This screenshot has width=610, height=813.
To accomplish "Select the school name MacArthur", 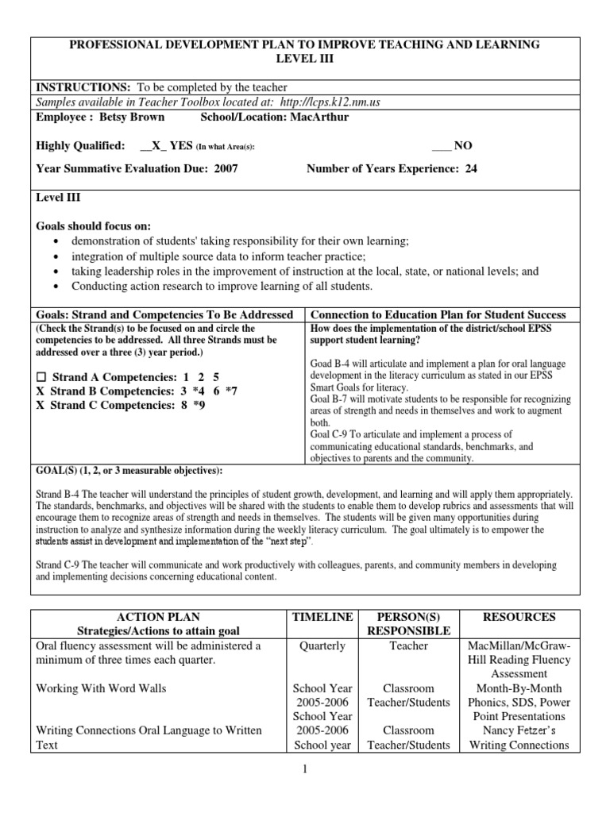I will [320, 118].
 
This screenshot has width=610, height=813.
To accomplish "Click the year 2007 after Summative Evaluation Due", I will [226, 168].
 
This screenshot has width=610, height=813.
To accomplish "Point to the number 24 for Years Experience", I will [471, 168].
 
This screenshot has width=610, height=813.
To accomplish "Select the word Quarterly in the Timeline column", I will [322, 645].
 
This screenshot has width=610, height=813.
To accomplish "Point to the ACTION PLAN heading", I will [158, 617].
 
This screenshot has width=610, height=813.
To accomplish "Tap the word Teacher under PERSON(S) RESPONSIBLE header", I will [409, 645].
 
